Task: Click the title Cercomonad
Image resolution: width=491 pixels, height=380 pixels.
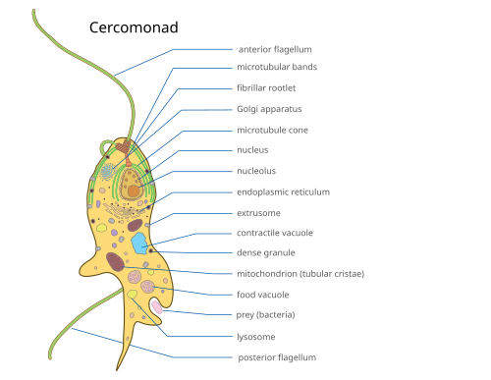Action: point(134,27)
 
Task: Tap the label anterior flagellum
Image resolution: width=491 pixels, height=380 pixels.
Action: point(275,49)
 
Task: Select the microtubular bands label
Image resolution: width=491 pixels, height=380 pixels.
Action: point(277,67)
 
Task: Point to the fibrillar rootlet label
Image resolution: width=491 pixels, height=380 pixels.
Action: point(266,88)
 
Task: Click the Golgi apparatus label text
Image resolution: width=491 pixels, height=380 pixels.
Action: point(269,109)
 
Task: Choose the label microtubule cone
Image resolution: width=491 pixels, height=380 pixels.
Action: point(272,131)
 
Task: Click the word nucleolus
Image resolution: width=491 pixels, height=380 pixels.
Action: point(256,171)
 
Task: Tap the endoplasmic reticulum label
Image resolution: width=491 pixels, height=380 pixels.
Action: point(283,192)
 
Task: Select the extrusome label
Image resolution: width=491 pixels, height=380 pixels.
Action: point(258,213)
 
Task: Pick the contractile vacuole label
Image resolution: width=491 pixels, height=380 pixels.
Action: point(275,233)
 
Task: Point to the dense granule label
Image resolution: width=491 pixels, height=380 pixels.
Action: point(266,252)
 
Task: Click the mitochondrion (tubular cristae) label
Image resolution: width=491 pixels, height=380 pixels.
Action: point(300,274)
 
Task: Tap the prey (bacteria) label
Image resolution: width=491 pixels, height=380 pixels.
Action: point(265,315)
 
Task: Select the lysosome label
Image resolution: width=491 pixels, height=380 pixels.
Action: point(256,337)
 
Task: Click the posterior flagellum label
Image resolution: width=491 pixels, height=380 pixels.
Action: point(277,357)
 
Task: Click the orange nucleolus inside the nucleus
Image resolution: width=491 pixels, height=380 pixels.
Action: point(134,190)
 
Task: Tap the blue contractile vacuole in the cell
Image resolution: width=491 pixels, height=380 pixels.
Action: point(139,243)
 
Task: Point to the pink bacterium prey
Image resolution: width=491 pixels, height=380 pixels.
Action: point(157,307)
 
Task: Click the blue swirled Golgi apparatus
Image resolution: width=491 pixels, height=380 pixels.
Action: point(107,172)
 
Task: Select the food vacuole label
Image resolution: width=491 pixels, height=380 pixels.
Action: point(263,295)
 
